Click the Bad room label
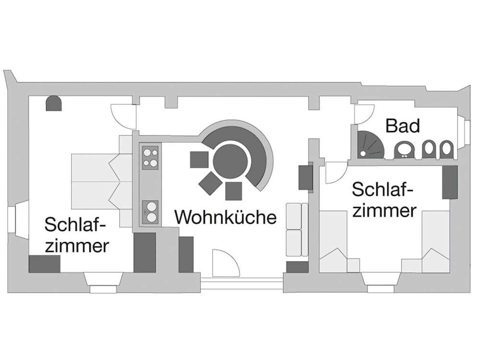403,126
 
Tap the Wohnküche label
226,217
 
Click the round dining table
233,161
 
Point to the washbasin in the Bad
403,150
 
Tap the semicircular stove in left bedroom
53,103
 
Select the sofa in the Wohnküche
297,229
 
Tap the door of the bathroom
362,113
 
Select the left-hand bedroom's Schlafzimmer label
75,235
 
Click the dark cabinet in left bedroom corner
45,264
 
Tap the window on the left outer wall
14,219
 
